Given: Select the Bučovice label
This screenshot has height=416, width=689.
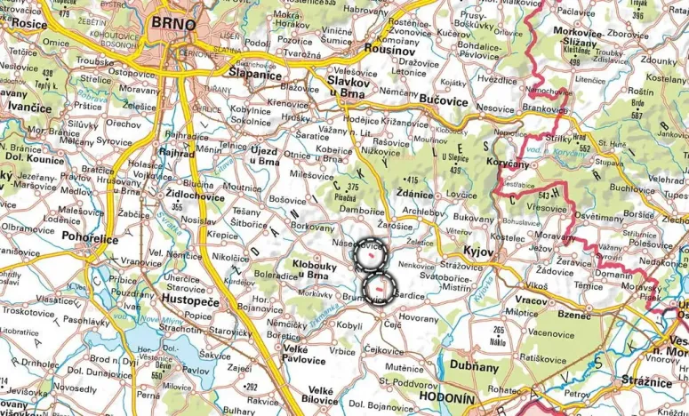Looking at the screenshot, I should pos(444,100).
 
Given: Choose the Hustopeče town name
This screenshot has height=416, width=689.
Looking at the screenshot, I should pos(188,302).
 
